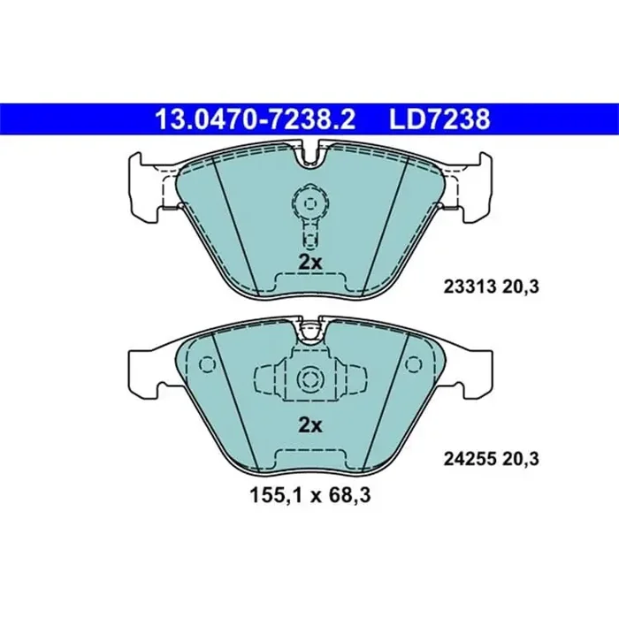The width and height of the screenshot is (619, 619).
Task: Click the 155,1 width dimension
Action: [265, 497]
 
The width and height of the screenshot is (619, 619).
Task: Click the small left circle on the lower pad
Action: [208, 364]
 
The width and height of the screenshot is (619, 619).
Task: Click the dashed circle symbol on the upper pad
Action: [309, 203]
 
